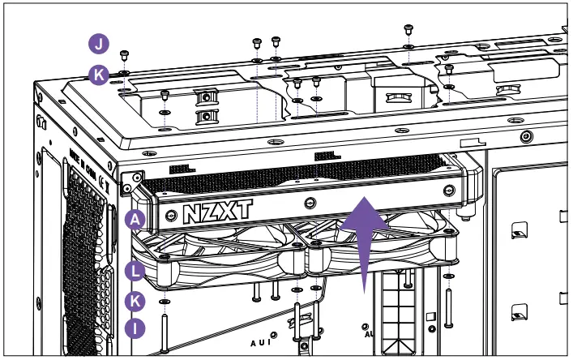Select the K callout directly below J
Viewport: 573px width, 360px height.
[98, 75]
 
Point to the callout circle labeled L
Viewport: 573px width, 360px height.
[136, 270]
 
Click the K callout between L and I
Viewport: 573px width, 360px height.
[136, 301]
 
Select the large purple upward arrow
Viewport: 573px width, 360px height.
[363, 240]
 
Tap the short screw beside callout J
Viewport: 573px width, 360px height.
[124, 55]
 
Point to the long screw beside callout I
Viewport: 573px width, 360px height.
[165, 332]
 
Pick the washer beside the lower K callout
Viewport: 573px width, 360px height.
[165, 301]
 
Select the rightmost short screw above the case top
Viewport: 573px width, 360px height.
[408, 30]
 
